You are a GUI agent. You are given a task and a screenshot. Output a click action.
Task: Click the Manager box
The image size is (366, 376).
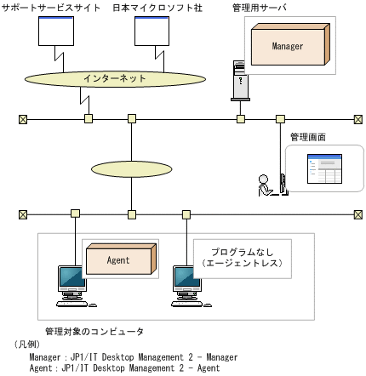[x=287, y=47]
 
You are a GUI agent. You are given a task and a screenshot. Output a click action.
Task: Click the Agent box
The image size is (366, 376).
[x=118, y=259]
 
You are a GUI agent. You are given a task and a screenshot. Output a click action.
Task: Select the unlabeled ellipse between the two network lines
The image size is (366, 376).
[x=131, y=167]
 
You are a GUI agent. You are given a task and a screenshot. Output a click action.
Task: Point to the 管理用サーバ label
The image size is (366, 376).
[x=259, y=7]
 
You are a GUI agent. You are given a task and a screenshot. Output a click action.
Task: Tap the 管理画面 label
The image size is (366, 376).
[x=308, y=135]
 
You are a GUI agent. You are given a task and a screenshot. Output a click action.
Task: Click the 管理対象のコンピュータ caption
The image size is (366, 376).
[x=94, y=330]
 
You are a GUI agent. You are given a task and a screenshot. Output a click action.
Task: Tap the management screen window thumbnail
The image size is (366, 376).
[x=322, y=168]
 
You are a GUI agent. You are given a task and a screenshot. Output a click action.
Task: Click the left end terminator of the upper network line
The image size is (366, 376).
[x=23, y=119]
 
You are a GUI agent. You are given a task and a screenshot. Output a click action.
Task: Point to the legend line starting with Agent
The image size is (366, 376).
[x=124, y=368]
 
